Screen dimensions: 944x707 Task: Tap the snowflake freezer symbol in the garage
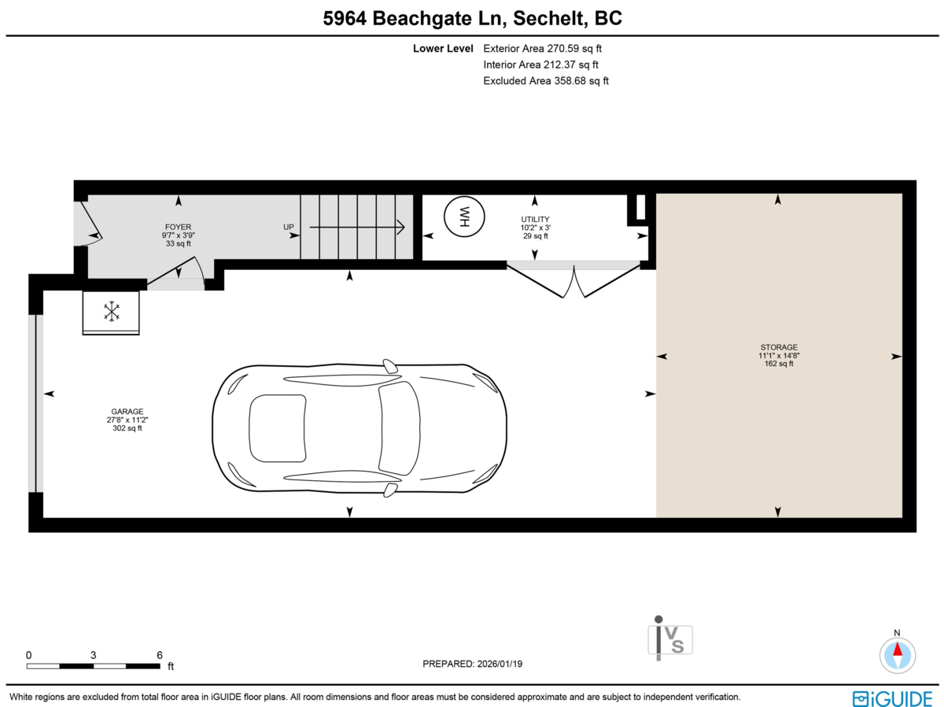point(112,311)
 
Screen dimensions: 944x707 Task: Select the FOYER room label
point(178,227)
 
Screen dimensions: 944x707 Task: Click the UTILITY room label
point(535,219)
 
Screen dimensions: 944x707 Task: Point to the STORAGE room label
point(779,347)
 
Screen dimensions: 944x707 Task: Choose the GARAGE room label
point(127,412)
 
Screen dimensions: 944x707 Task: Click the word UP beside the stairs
point(289,227)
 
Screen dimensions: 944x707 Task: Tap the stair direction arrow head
point(401,227)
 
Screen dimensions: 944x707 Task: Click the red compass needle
point(898,649)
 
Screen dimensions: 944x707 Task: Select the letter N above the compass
point(897,632)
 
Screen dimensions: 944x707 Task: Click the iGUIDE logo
point(893,699)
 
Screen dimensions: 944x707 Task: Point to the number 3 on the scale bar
point(94,655)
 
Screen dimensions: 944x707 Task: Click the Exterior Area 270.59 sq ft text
point(542,49)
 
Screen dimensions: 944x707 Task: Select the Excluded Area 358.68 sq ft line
point(546,81)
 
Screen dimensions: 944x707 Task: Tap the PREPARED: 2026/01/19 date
point(472,664)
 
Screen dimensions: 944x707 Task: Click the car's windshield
point(399,428)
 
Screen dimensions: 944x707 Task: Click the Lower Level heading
point(443,49)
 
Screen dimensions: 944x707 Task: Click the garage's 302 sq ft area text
point(127,428)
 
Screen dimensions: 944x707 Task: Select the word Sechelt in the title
point(550,19)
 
